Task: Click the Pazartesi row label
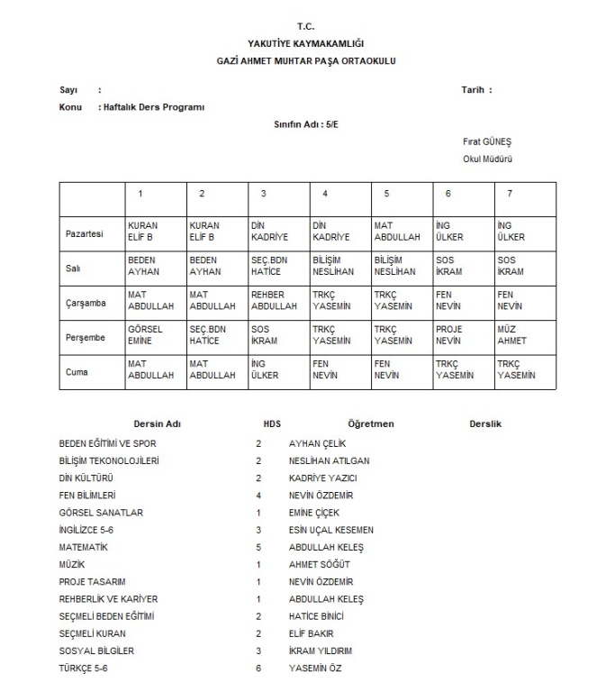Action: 85,232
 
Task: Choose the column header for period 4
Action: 325,194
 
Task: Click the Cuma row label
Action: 77,371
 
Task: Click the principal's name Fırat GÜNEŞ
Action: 486,142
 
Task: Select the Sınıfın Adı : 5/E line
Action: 307,124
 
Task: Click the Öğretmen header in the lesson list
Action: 370,423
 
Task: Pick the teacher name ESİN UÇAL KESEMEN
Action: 330,530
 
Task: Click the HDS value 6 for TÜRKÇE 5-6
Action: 258,668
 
